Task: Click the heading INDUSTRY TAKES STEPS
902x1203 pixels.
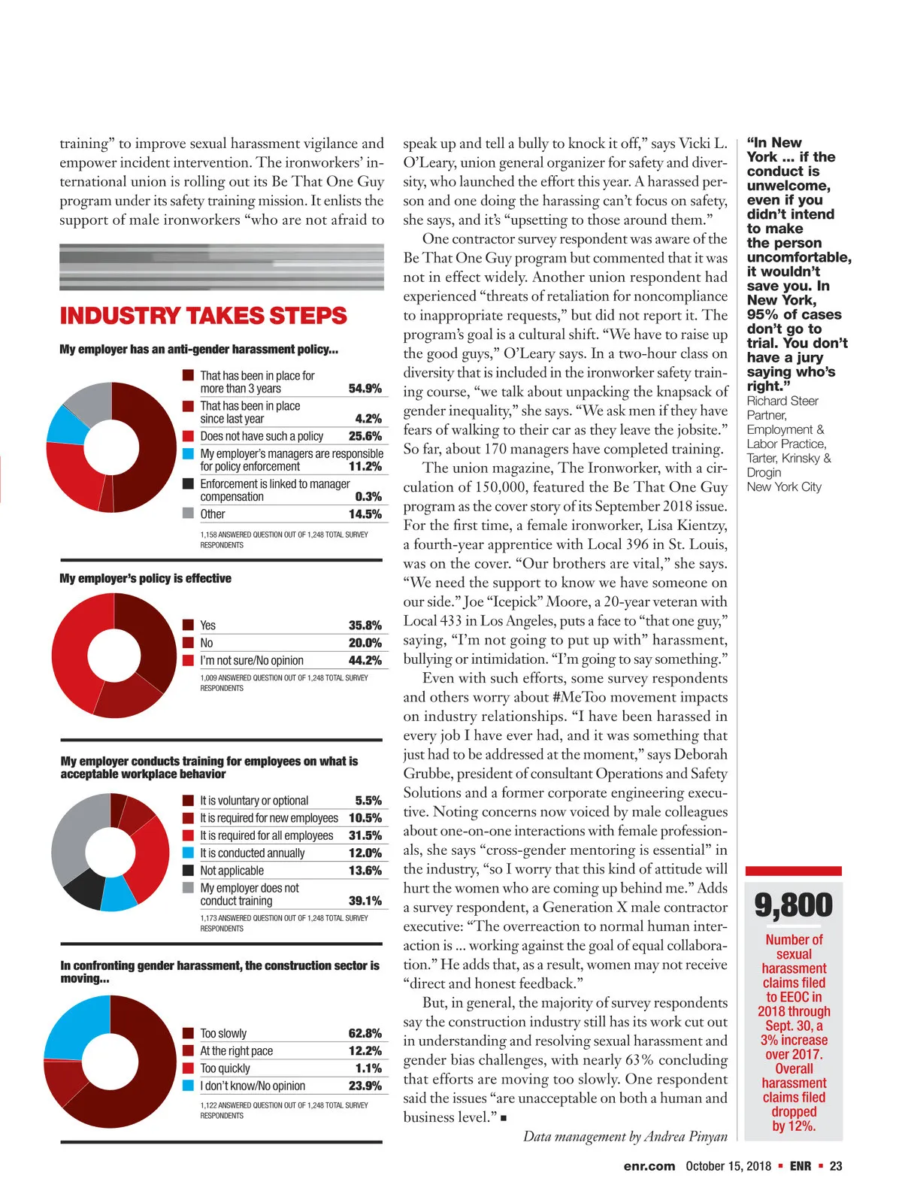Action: click(x=203, y=316)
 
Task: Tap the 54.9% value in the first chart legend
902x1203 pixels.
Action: click(x=365, y=389)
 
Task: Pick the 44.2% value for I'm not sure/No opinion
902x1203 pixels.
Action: click(x=365, y=660)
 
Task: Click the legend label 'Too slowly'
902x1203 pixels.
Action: click(x=223, y=1034)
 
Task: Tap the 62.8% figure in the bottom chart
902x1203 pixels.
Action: click(x=365, y=1034)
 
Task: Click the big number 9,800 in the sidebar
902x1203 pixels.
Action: click(x=794, y=905)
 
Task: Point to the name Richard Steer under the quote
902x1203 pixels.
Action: click(x=782, y=402)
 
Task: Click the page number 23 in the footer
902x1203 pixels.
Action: click(x=836, y=1166)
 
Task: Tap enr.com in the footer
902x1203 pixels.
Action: click(x=649, y=1166)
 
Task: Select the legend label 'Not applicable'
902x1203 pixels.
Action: click(x=232, y=871)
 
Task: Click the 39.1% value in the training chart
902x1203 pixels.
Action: click(x=365, y=901)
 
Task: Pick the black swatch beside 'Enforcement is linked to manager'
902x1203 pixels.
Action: click(x=189, y=483)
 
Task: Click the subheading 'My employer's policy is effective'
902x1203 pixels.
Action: click(x=145, y=578)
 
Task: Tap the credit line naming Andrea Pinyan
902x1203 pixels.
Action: click(x=625, y=1136)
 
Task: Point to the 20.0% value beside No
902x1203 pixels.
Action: click(x=365, y=643)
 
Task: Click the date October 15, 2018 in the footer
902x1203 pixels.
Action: click(x=728, y=1166)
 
